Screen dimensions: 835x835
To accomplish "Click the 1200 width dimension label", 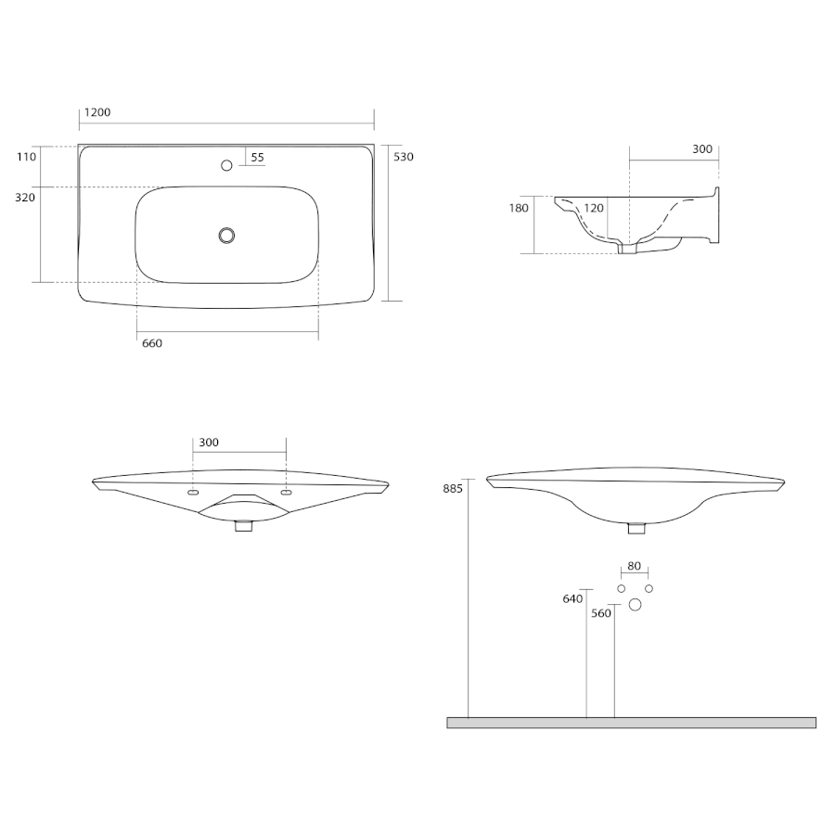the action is tap(97, 112).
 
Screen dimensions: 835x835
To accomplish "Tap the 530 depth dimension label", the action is tap(404, 157).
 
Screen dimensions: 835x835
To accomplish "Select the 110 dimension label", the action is tap(26, 157).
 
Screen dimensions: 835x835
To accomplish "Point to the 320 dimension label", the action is tap(25, 198).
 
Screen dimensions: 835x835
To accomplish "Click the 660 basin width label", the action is tap(152, 343).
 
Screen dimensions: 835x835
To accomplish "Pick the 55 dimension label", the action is tap(257, 158).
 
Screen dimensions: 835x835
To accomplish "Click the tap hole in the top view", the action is tap(226, 166).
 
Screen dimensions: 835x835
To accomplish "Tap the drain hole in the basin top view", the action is tap(227, 236).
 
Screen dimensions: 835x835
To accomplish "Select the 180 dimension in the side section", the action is tap(519, 208).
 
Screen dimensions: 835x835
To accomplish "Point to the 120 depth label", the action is tap(594, 208).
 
